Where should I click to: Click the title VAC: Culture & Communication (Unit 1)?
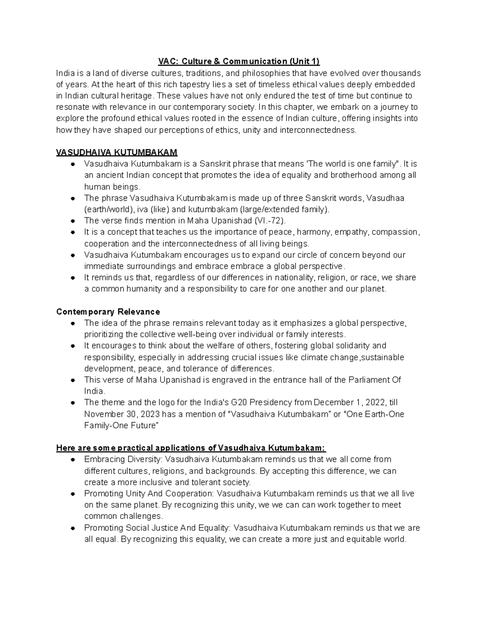(239, 61)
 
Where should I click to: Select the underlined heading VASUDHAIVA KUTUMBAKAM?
(117, 153)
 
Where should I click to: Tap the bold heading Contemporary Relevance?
(108, 312)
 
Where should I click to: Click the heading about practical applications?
(191, 448)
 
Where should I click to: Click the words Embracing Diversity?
(123, 460)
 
